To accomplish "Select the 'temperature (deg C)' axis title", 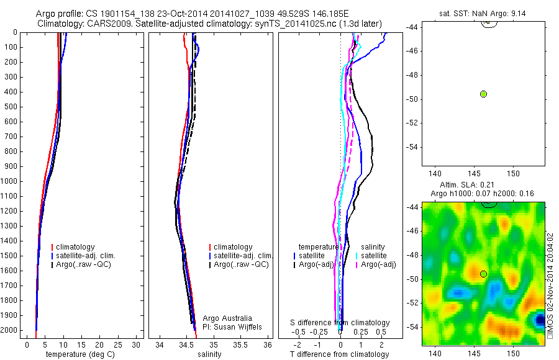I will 81,354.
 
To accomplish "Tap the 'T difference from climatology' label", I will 339,354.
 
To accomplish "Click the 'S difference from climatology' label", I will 340,323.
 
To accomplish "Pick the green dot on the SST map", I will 483,94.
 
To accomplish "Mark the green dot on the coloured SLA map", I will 483,274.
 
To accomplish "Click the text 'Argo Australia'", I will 227,318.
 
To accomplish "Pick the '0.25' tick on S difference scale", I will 359,333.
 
